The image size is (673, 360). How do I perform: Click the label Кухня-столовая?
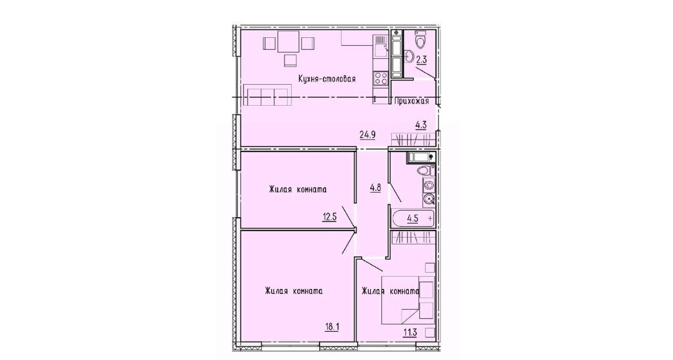(x=327, y=79)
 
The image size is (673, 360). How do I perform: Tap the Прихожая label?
(x=411, y=101)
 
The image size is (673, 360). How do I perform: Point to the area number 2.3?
(x=422, y=60)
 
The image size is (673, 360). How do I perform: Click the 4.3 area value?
(x=421, y=125)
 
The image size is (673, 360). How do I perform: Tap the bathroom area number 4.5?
(x=413, y=218)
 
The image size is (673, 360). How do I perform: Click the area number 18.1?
(x=332, y=327)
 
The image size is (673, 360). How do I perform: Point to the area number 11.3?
(x=410, y=333)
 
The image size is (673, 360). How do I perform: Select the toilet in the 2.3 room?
(x=420, y=40)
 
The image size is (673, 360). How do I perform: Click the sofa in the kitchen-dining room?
(x=268, y=95)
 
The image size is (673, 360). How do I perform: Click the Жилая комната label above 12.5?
(x=298, y=190)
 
